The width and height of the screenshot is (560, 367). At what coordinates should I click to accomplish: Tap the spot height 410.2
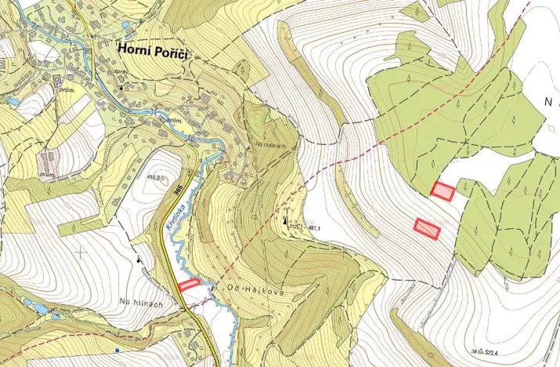coord(157,178)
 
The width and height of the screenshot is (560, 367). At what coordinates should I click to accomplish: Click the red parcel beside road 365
coord(189,285)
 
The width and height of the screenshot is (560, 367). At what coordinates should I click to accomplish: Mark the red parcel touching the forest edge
coord(443,191)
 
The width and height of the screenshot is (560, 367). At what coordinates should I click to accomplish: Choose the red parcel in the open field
coord(427,227)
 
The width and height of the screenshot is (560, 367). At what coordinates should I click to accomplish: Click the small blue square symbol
coord(116,351)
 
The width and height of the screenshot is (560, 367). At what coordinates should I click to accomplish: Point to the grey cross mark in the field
coord(81,253)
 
